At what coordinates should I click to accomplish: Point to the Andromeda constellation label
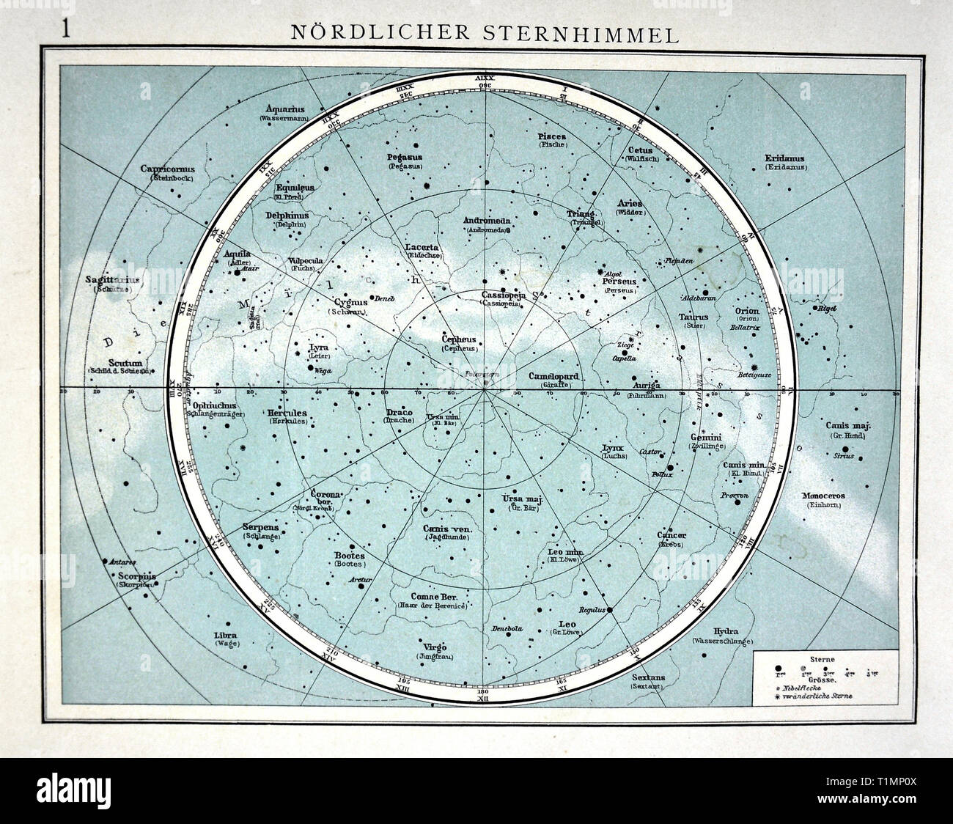pos(486,220)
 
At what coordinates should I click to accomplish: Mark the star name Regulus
pos(589,609)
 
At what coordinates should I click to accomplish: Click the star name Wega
pos(323,371)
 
